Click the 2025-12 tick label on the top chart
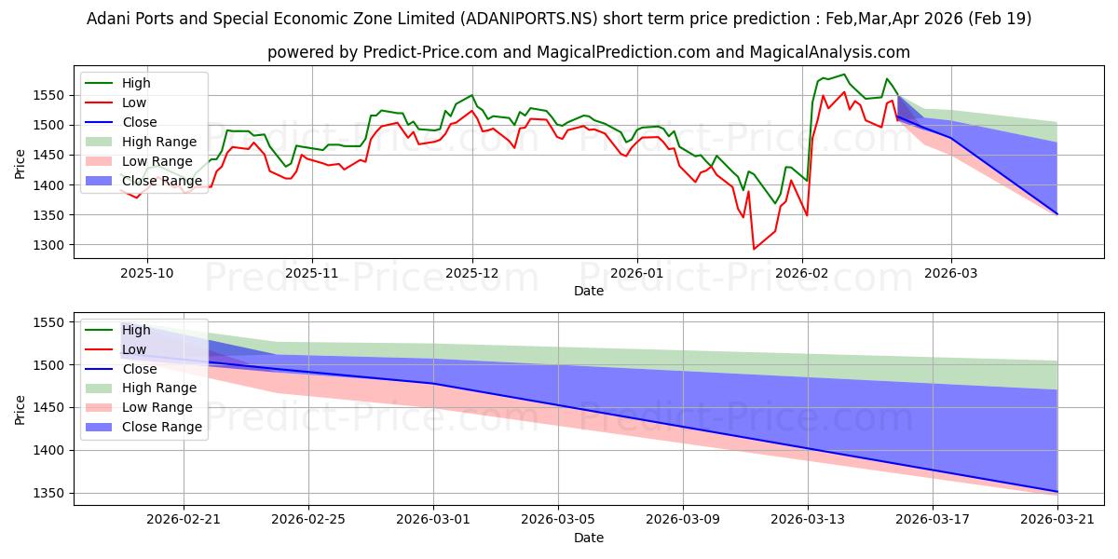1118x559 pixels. [x=471, y=274]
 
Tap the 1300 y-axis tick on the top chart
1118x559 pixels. [x=48, y=245]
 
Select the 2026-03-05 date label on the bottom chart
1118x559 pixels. [x=557, y=520]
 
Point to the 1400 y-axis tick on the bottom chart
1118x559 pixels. [x=48, y=450]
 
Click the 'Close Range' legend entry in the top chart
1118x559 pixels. [x=143, y=181]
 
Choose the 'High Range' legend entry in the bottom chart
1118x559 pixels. [x=142, y=388]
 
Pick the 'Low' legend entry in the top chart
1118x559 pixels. [x=116, y=102]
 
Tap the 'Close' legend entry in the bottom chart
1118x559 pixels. [x=121, y=369]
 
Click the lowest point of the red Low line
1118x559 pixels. [x=754, y=249]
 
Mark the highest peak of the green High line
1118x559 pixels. [x=844, y=75]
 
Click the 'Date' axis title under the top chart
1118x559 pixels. [x=589, y=291]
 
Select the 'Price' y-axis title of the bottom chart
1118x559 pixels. [x=20, y=410]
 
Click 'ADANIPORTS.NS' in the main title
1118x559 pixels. [x=528, y=19]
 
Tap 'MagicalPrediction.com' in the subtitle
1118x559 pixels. [x=623, y=52]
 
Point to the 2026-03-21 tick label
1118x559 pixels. [x=1057, y=520]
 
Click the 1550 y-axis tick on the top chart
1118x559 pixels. [x=48, y=95]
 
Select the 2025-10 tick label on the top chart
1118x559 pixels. [x=147, y=274]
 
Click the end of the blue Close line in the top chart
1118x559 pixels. [x=1057, y=214]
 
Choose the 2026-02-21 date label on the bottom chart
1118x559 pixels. [x=184, y=520]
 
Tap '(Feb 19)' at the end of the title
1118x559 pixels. [x=1000, y=19]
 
